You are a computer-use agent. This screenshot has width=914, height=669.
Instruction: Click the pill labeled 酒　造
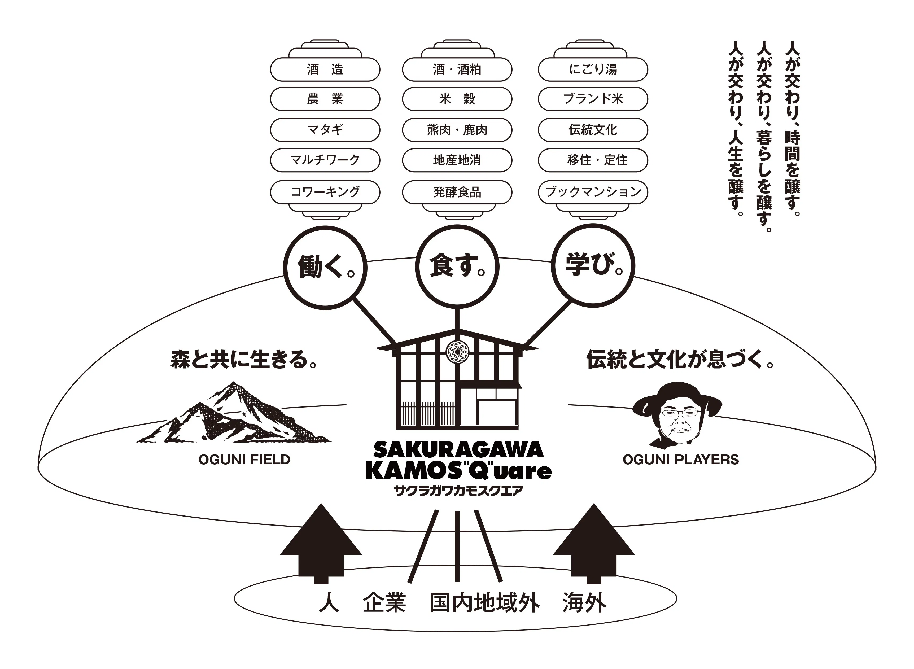point(325,69)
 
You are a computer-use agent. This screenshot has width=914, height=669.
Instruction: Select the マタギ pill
point(325,130)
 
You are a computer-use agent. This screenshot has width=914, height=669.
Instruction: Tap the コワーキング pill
point(325,191)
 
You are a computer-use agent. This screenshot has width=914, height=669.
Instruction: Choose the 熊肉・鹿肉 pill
point(457,130)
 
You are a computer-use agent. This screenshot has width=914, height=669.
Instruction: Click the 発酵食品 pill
point(457,191)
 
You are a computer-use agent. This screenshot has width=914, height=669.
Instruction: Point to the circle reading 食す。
point(457,266)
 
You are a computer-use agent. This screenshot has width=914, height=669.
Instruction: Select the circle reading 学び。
point(593,266)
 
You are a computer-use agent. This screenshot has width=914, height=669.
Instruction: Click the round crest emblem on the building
point(457,352)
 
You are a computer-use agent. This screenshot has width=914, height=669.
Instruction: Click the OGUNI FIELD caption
point(244,460)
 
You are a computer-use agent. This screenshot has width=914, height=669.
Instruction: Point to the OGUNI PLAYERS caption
point(680,460)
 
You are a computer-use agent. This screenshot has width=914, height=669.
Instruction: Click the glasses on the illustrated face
point(680,413)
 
